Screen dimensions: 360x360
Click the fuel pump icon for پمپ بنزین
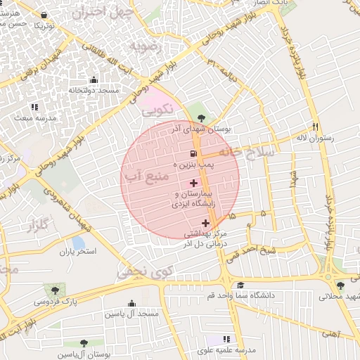193,153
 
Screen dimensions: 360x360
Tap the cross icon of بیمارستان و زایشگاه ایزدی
194,183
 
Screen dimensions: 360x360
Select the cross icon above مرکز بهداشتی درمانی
205,223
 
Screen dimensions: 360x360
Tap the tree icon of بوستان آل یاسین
84,343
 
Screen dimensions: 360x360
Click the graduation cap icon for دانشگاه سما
240,285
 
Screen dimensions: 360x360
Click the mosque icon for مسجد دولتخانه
94,79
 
